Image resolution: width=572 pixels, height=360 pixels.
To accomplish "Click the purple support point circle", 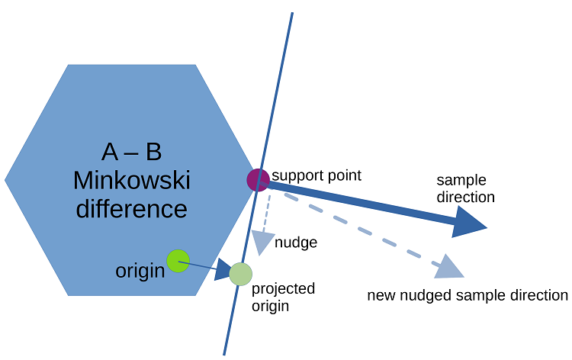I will pos(258,180).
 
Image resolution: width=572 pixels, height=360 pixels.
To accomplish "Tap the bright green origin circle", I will pos(178,261).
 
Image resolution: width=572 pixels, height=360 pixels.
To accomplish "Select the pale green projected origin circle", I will pos(240,273).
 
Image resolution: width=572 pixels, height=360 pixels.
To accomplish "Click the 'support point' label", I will pos(316,175).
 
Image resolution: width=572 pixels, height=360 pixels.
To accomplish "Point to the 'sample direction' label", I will pos(465,188).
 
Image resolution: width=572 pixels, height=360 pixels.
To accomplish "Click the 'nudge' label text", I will pos(295,243).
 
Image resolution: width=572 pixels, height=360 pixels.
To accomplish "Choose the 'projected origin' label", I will pos(283,297).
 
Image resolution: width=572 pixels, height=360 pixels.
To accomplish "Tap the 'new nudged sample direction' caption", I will pos(468,295).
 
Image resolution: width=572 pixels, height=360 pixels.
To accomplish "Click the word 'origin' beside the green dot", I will pos(140,271).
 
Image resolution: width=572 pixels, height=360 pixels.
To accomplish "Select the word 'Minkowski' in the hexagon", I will pos(132,181).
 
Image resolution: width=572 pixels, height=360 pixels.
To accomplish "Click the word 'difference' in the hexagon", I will pos(132,208).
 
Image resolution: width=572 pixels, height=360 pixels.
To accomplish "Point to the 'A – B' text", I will pos(132,152).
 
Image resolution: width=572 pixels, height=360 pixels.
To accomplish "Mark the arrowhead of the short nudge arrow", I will pos(262,243).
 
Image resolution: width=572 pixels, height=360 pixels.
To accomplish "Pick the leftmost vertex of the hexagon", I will pos(5,180).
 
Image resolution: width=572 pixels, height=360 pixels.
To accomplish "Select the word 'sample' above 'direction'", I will pos(461,180).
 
